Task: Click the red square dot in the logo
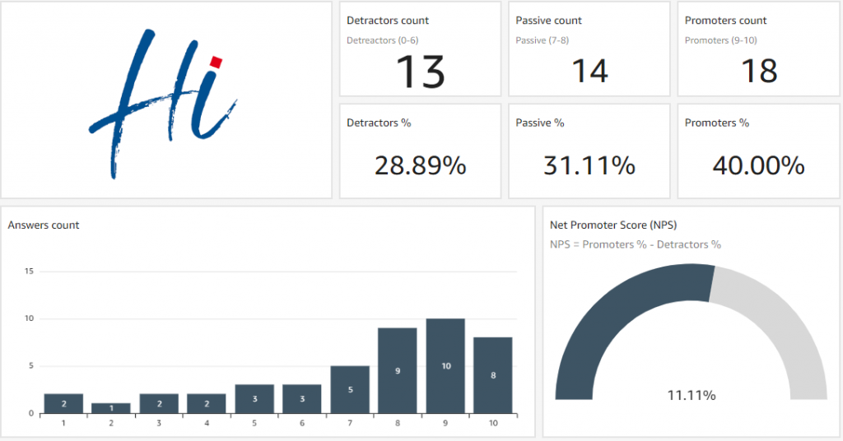click(x=217, y=62)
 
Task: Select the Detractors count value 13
click(x=421, y=71)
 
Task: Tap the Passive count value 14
click(x=589, y=71)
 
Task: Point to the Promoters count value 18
click(x=758, y=71)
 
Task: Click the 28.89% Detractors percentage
click(x=420, y=165)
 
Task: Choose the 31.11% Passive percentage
click(x=589, y=165)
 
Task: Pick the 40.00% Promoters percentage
click(x=758, y=165)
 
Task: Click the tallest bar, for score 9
click(x=445, y=365)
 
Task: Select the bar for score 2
click(x=111, y=407)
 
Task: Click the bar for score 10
click(x=493, y=375)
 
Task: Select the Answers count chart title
click(x=44, y=225)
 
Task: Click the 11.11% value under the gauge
click(x=692, y=396)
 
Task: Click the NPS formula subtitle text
click(x=635, y=244)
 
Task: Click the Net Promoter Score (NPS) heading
click(x=613, y=225)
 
